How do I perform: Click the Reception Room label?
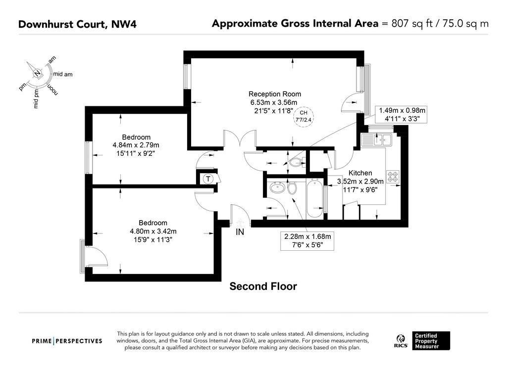(x=274, y=94)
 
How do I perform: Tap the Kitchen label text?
(x=360, y=173)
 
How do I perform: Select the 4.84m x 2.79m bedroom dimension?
(x=136, y=145)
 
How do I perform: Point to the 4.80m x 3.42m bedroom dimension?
(x=153, y=231)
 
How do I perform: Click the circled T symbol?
(x=208, y=179)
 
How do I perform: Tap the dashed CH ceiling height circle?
(x=304, y=117)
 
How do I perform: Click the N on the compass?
(x=38, y=73)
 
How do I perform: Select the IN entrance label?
(x=240, y=232)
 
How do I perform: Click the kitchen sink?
(x=377, y=140)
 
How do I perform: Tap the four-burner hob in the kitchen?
(x=393, y=177)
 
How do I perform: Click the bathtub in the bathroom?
(x=314, y=198)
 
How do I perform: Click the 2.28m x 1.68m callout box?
(x=307, y=241)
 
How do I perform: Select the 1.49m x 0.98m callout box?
(x=402, y=114)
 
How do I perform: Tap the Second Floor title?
(x=263, y=286)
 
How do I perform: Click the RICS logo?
(x=401, y=341)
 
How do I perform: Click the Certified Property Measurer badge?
(x=431, y=341)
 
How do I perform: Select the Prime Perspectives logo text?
(x=67, y=341)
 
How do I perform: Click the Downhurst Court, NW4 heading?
(x=77, y=24)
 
